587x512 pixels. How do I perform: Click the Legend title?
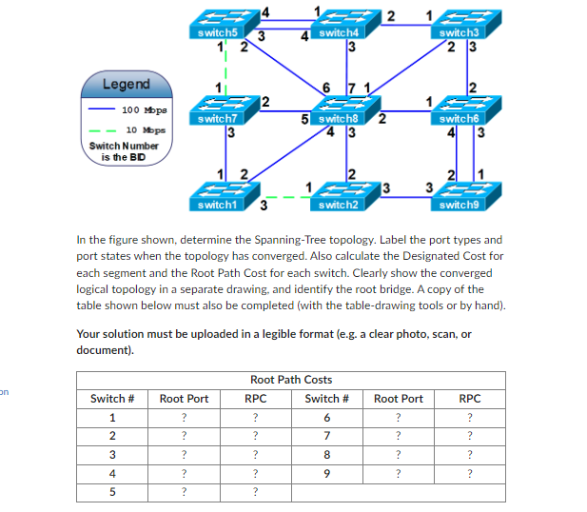tap(127, 85)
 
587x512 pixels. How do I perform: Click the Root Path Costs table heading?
tap(290, 379)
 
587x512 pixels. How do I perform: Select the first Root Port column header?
tap(184, 399)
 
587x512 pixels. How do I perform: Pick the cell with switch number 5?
tap(113, 492)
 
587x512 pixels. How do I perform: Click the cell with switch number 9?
tap(326, 473)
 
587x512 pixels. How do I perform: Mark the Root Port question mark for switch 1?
tap(184, 418)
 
